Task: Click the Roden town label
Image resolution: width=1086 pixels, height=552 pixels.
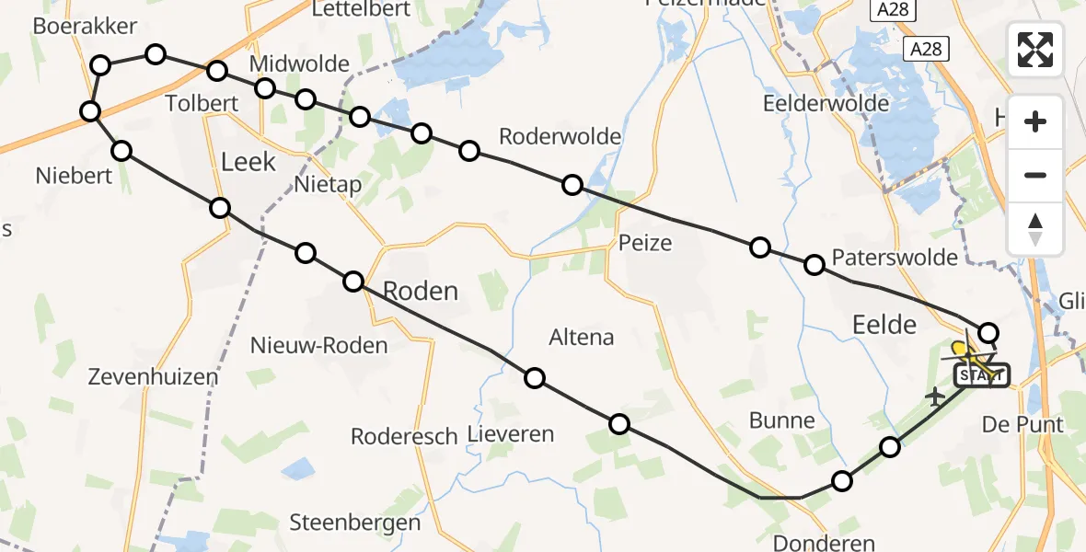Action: (x=420, y=292)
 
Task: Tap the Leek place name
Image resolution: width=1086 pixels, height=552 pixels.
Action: (x=248, y=163)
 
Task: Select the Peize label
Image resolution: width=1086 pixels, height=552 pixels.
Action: (x=645, y=244)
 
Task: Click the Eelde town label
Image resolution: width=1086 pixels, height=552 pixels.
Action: (x=884, y=324)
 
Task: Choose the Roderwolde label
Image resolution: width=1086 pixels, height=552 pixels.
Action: (x=560, y=137)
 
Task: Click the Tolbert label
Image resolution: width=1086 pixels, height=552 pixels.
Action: (x=202, y=102)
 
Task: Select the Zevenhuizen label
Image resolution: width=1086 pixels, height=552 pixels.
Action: (x=153, y=376)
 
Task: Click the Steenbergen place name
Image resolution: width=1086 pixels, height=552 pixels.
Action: (x=354, y=523)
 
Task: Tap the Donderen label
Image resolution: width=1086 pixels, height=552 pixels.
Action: (x=824, y=543)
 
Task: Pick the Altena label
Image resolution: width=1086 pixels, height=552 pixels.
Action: (x=581, y=338)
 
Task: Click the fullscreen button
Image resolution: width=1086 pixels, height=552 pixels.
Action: (x=1035, y=50)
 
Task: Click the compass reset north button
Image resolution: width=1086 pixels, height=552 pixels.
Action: (x=1035, y=229)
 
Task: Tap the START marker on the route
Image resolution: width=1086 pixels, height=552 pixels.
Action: (x=982, y=375)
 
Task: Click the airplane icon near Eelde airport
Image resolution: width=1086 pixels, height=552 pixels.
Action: (x=936, y=397)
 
